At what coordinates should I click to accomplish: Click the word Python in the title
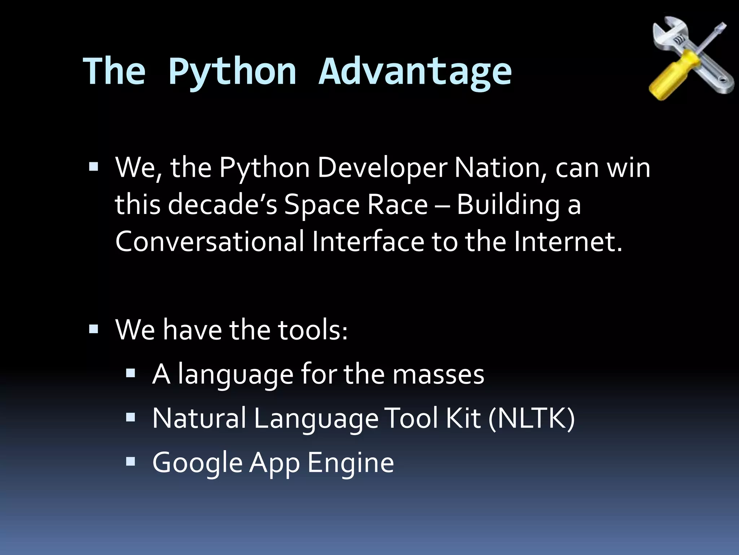232,72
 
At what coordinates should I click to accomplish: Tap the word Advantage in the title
415,72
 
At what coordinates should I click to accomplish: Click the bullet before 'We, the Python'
93,167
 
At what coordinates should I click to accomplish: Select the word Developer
382,168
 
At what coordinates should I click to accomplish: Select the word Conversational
210,241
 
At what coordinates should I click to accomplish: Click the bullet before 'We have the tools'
93,329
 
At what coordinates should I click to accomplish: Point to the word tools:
312,330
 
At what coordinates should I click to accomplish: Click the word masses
438,374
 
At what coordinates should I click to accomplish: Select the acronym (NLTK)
531,418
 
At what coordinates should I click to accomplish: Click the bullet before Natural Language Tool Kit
131,418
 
